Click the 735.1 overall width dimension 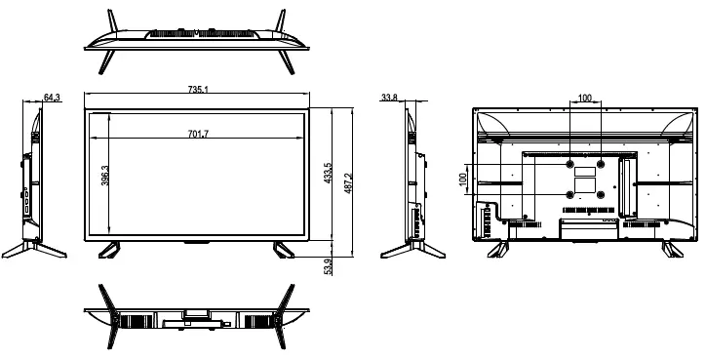click(x=197, y=91)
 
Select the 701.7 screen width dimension click(x=196, y=134)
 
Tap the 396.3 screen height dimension click(x=104, y=176)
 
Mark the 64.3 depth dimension click(x=53, y=97)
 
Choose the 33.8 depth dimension click(x=390, y=97)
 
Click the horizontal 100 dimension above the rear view click(x=584, y=98)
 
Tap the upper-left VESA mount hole click(x=569, y=164)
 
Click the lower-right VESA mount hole click(x=601, y=193)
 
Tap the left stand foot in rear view click(x=499, y=249)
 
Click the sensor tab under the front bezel click(x=196, y=241)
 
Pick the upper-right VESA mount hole click(x=601, y=164)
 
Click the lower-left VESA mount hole click(x=569, y=193)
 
